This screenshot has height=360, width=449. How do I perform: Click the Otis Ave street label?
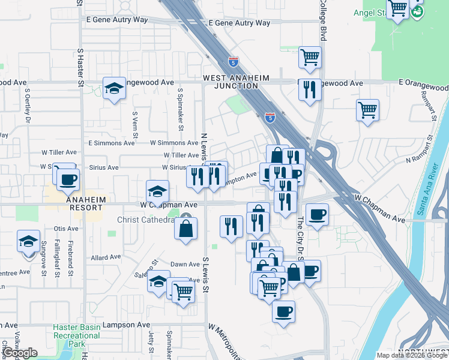pos(66,229)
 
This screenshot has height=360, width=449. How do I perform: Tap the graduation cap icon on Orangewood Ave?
pos(114,89)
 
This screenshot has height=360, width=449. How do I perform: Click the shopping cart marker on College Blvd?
pos(310,58)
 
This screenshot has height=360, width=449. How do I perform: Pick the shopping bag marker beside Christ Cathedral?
pos(186,228)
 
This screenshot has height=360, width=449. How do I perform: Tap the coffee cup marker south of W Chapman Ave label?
pos(317,214)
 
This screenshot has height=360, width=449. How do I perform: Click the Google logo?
pos(20,353)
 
